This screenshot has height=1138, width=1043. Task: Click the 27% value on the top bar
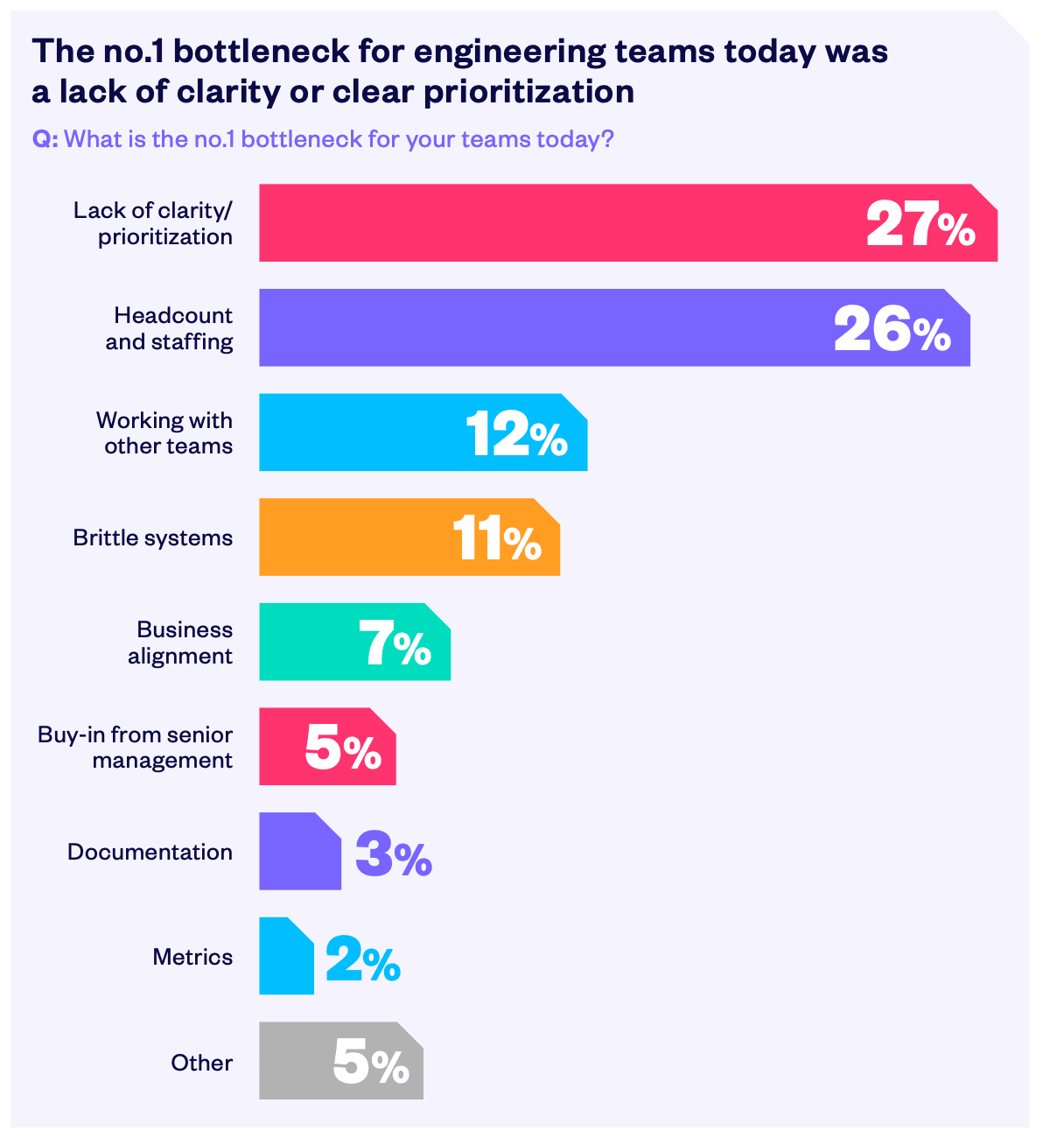[920, 224]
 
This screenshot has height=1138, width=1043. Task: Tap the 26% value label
[892, 329]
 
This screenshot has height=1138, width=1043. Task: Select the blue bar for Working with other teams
[359, 432]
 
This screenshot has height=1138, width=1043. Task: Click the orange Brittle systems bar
[350, 537]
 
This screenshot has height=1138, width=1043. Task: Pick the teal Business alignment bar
[306, 642]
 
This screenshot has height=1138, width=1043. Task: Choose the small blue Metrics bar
[286, 956]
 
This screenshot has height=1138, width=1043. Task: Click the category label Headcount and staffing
[171, 328]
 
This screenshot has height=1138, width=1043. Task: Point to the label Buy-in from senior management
[136, 747]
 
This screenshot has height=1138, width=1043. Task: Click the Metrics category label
[192, 957]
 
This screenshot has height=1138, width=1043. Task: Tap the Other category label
[202, 1063]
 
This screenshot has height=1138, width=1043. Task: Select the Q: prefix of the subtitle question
[45, 139]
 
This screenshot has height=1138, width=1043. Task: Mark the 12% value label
[516, 434]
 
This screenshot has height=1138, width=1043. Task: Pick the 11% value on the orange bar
[496, 538]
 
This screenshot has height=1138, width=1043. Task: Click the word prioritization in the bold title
[529, 92]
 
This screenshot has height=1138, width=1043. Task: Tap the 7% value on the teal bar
[395, 644]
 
